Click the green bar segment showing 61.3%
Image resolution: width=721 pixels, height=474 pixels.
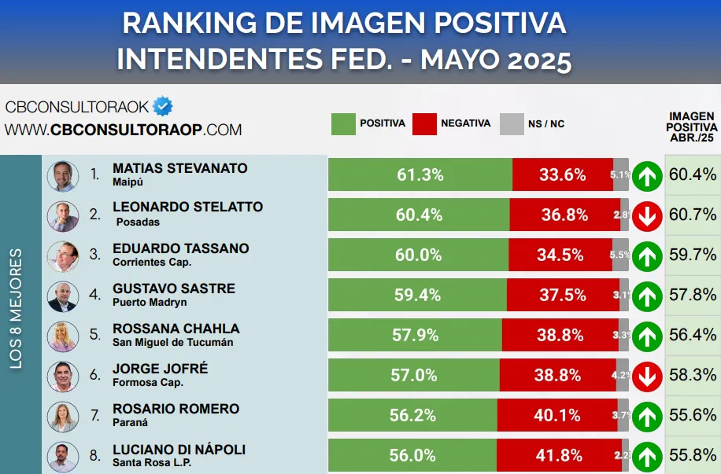(x=420, y=175)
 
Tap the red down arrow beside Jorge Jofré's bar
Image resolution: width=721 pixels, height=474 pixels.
(x=647, y=376)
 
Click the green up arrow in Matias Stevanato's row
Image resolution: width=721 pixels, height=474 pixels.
(x=647, y=175)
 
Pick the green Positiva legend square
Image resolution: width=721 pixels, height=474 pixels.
(x=343, y=123)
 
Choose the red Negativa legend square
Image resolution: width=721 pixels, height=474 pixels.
(x=424, y=123)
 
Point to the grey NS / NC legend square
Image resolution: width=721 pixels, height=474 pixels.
(x=512, y=123)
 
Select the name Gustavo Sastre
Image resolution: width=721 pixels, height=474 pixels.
(x=174, y=288)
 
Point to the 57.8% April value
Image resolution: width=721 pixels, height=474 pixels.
(x=693, y=295)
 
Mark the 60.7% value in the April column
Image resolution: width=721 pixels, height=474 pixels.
(x=693, y=215)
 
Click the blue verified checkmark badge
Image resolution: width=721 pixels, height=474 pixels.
(x=163, y=106)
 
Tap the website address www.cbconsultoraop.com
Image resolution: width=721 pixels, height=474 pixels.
(x=123, y=130)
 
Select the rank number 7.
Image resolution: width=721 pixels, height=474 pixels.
(x=95, y=415)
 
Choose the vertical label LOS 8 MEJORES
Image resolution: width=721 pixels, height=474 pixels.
(x=17, y=308)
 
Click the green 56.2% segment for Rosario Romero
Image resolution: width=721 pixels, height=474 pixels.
(x=412, y=415)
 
